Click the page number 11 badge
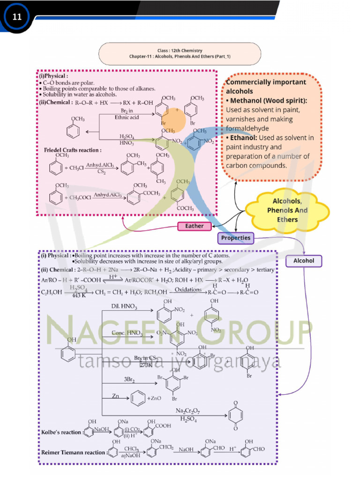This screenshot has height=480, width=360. tap(17, 17)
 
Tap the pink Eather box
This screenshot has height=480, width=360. tap(194, 226)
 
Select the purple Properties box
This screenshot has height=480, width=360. tap(236, 238)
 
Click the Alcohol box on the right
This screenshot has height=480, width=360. tap(304, 261)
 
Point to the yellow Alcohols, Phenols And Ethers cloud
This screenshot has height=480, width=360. tap(287, 210)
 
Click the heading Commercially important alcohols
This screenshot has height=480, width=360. tap(266, 86)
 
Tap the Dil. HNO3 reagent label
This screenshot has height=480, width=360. tap(124, 307)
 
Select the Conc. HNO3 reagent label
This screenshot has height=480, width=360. tap(127, 333)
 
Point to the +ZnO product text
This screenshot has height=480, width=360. tap(155, 398)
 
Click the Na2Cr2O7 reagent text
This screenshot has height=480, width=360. tap(187, 411)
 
